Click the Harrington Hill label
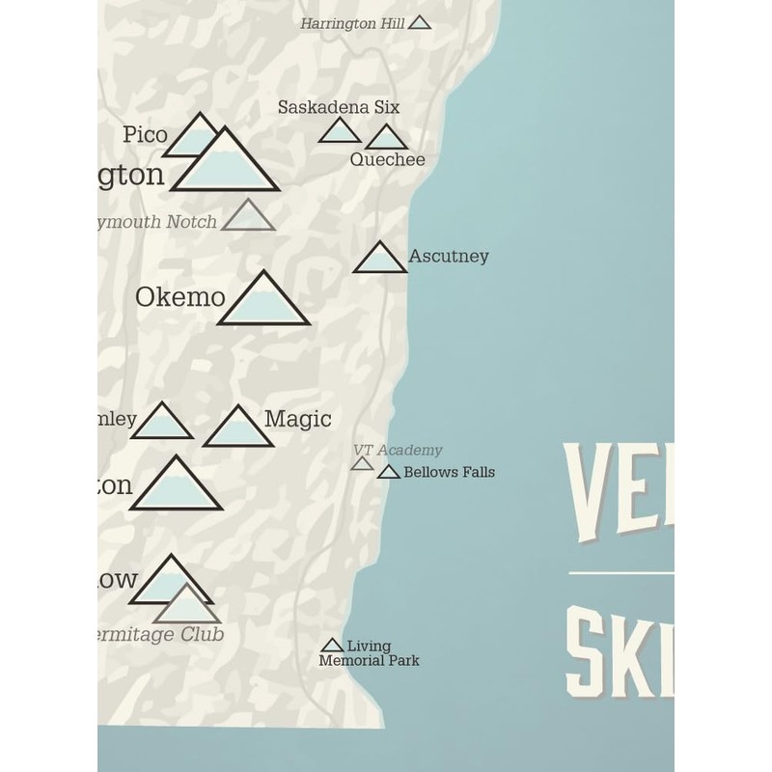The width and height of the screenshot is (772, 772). point(352,23)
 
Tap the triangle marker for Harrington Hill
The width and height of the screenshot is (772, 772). point(419,22)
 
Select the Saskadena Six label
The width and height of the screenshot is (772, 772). point(339,107)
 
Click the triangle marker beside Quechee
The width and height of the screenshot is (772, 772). point(386,139)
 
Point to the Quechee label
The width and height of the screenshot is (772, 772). point(387,160)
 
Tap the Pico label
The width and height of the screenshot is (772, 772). point(145,135)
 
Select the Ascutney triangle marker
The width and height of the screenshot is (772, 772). point(379,260)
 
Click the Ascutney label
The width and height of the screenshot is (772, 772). point(449,257)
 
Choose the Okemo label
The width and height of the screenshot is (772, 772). point(179,297)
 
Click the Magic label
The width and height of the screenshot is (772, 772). point(297,419)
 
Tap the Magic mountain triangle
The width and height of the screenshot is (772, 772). point(237,429)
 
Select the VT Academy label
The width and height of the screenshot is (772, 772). point(398,451)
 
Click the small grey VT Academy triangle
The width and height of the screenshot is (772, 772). point(362,464)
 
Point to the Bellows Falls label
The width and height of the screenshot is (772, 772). point(449,473)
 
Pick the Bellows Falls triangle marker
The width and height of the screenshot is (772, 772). point(388,473)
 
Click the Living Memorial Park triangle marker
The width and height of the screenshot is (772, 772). point(332,646)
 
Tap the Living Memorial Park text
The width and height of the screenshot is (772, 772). point(369,653)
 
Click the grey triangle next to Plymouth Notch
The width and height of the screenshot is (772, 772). point(248,218)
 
